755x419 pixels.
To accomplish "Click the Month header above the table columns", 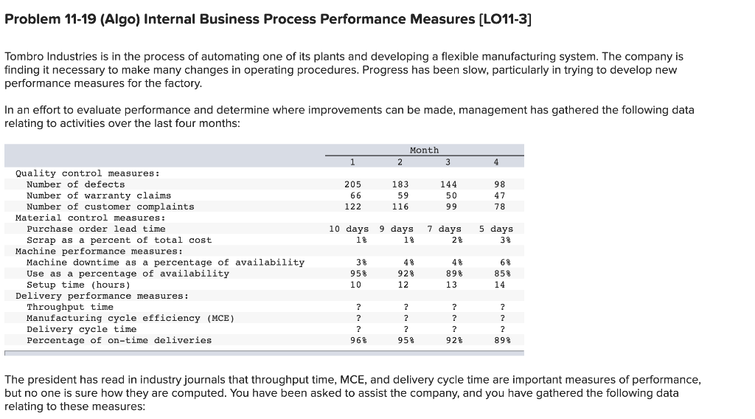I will (424, 150).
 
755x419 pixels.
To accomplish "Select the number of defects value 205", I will (352, 184).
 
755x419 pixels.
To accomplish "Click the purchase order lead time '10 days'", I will (349, 229).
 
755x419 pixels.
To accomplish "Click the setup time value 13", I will (448, 285).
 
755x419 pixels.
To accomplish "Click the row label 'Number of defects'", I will (75, 184).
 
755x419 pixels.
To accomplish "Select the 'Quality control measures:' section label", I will (87, 173).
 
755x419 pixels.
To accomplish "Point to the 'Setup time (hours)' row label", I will (78, 285).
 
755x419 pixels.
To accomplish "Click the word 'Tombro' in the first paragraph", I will (24, 56).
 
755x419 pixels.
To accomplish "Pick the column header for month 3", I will (448, 162).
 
